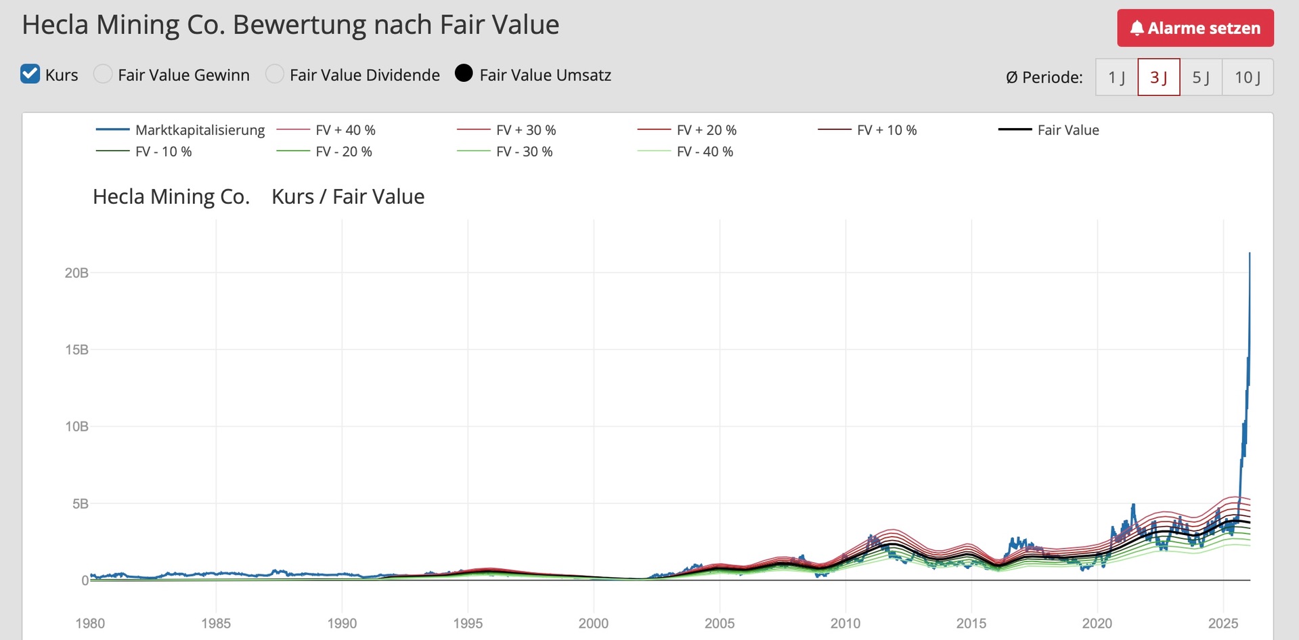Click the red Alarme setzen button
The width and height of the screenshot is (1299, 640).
tap(1195, 28)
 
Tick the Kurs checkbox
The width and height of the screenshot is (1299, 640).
tap(30, 74)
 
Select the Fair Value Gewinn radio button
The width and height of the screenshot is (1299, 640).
tap(103, 74)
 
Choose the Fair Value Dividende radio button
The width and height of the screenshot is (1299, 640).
tap(275, 74)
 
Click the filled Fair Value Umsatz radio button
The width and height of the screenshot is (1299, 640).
tap(464, 73)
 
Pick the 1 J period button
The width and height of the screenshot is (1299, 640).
tap(1116, 77)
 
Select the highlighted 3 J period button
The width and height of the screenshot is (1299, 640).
tap(1158, 77)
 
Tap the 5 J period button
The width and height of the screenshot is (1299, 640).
tap(1201, 77)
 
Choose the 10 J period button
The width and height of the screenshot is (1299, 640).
tap(1247, 77)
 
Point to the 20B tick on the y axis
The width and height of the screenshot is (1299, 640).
tap(76, 273)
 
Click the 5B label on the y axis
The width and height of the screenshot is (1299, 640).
tap(80, 504)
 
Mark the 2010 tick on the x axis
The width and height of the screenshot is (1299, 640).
tap(845, 623)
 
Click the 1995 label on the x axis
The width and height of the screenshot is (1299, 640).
tap(468, 623)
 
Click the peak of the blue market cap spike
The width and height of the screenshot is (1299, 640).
tap(1250, 253)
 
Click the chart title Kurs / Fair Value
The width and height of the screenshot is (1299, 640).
tap(348, 196)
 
